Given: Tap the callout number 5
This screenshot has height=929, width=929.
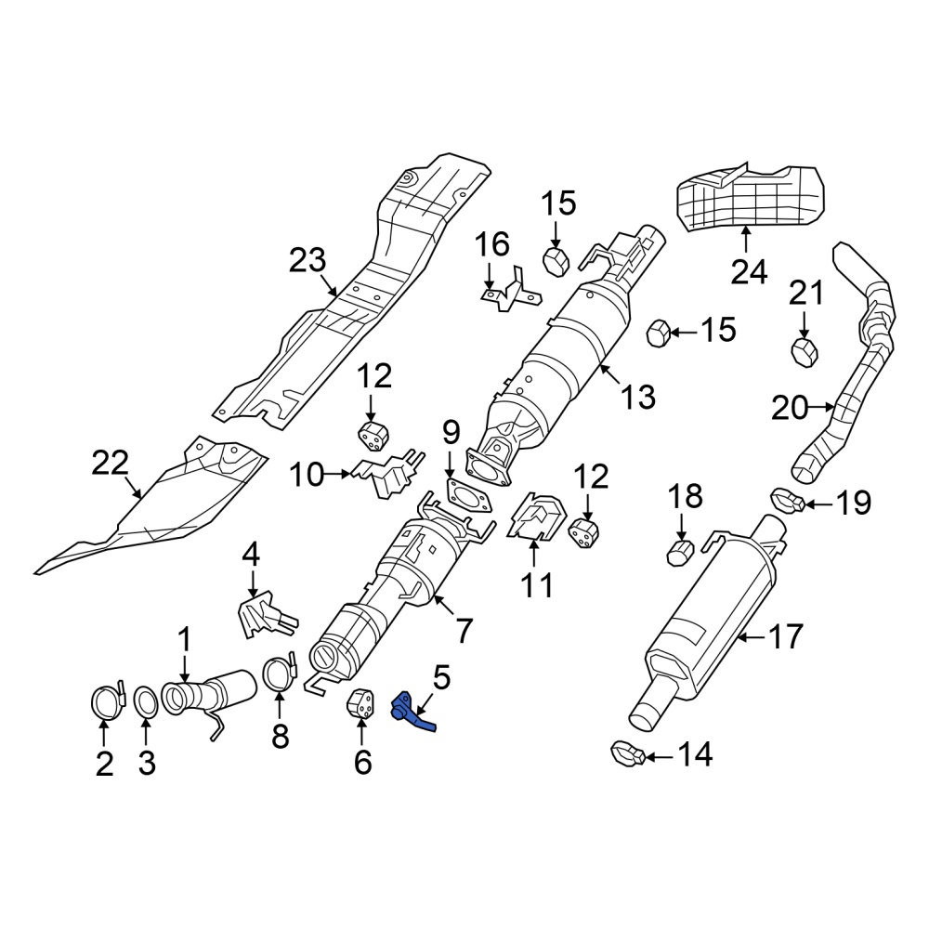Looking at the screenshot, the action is click(x=441, y=679).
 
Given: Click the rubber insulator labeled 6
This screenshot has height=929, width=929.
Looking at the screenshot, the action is click(x=360, y=704).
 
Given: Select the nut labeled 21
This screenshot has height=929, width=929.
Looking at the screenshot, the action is click(x=805, y=352).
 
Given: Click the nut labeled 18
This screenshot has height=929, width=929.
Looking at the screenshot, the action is click(x=680, y=553).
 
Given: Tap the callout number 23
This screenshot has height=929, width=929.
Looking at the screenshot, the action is click(x=307, y=261).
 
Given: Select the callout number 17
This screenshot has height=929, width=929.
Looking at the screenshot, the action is click(x=785, y=635).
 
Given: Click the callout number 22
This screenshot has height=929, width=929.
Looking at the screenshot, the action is click(x=111, y=463).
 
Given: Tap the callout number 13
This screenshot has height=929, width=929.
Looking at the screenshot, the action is click(x=637, y=396).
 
